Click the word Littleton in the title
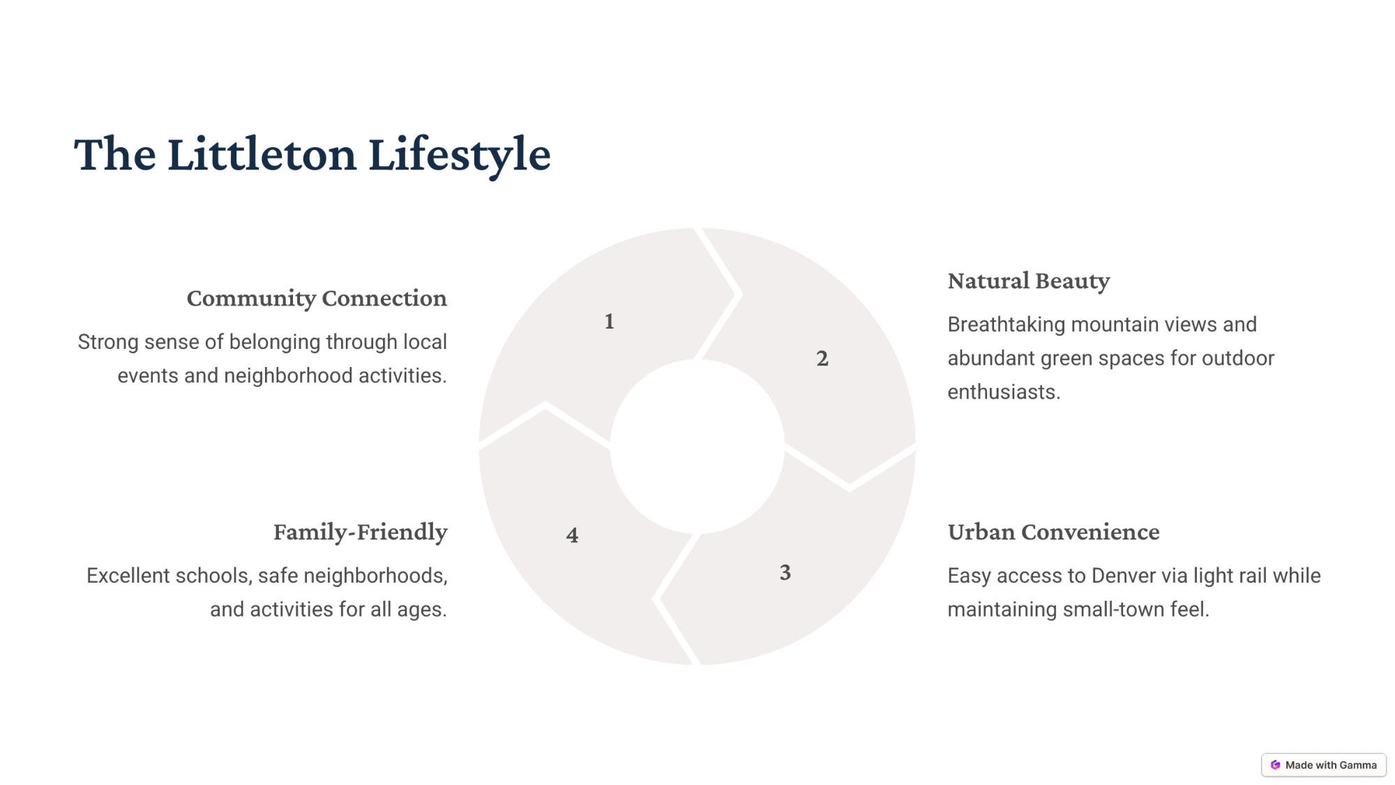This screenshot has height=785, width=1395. [262, 154]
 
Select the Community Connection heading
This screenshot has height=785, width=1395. [317, 299]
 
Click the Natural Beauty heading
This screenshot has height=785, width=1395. [1029, 281]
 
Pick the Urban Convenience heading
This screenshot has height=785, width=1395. [1053, 532]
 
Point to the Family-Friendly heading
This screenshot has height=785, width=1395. [360, 532]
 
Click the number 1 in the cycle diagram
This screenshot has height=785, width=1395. [609, 321]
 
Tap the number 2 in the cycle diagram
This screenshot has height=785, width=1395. [822, 359]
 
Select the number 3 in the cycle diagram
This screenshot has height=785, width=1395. [785, 572]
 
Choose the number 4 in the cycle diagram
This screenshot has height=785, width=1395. [572, 535]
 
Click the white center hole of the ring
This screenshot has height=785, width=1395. [697, 447]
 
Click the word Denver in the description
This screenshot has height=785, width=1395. [1124, 576]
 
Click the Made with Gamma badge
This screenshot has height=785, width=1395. [1324, 765]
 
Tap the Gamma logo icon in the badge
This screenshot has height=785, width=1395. [1276, 765]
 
